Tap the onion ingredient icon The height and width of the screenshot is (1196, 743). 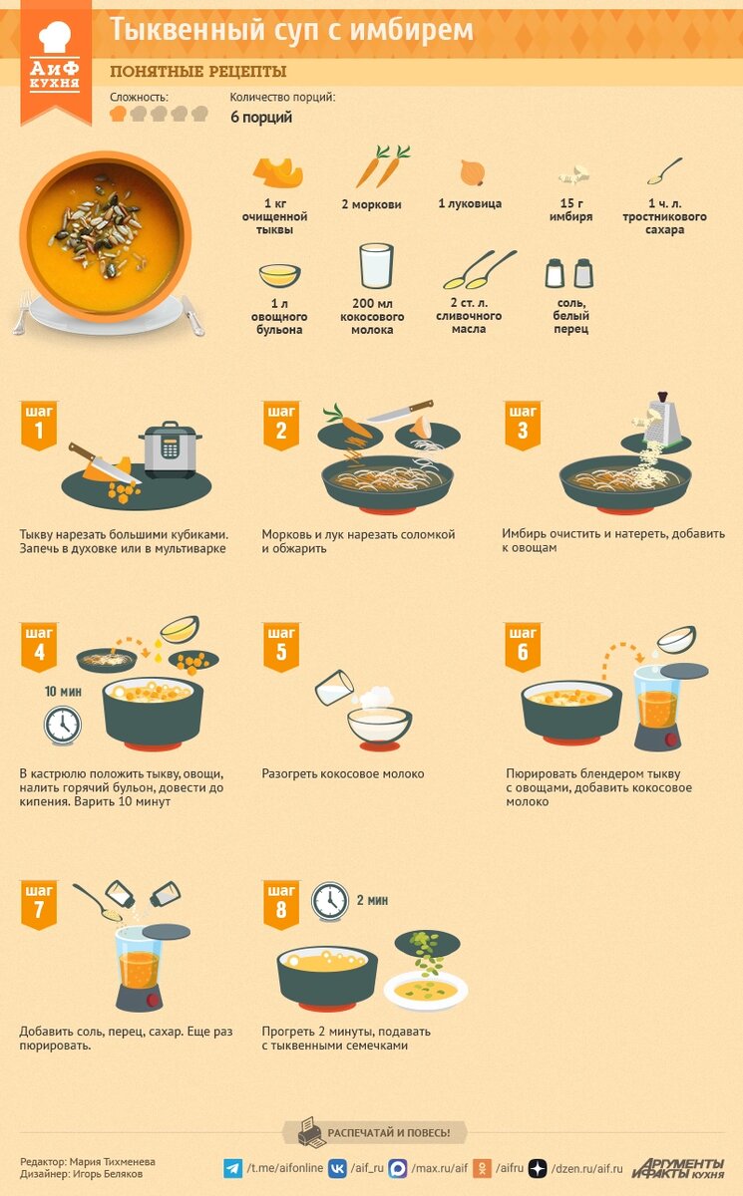tap(472, 173)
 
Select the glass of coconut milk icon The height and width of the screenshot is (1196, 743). tap(377, 266)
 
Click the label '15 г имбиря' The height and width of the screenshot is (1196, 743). tap(571, 210)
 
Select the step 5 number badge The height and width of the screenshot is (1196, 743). tap(281, 646)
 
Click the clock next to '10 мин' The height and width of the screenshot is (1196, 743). tap(63, 726)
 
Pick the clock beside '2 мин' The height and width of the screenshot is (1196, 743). tap(330, 901)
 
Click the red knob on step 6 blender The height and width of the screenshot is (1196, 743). tap(671, 740)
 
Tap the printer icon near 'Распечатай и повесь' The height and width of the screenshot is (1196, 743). tap(311, 1132)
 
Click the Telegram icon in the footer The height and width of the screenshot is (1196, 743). tap(233, 1168)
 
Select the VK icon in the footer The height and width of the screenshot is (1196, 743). tap(337, 1168)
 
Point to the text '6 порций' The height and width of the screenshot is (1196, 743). tap(261, 117)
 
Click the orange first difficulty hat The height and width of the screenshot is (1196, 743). tap(118, 114)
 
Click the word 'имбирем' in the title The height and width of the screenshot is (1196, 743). tap(411, 30)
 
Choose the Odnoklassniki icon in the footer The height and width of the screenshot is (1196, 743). tap(482, 1168)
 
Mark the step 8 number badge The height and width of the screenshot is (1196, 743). tap(281, 905)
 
